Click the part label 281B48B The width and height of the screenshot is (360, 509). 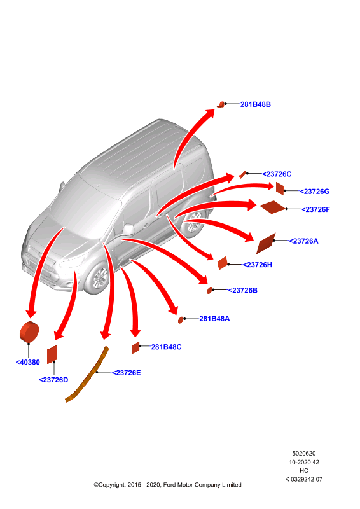click(255, 104)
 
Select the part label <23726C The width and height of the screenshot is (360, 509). click(277, 174)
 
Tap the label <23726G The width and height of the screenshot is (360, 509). click(314, 192)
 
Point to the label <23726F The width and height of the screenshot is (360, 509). click(315, 210)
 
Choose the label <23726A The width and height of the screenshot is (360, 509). click(303, 241)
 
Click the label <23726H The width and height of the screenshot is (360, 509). click(257, 265)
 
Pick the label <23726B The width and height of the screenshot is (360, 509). click(242, 291)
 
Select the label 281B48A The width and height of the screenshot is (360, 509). click(214, 319)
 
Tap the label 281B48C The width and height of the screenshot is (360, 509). click(166, 347)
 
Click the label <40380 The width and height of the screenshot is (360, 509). click(27, 362)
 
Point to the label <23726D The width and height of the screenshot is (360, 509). click(53, 380)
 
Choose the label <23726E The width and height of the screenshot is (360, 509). click(127, 373)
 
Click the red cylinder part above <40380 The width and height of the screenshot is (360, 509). click(29, 331)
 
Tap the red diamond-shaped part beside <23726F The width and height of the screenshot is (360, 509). click(272, 207)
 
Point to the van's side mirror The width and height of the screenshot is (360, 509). click(128, 229)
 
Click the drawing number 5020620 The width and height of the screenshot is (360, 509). click(304, 454)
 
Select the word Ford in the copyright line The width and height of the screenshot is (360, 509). click(169, 485)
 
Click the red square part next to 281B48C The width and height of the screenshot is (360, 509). click(135, 348)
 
